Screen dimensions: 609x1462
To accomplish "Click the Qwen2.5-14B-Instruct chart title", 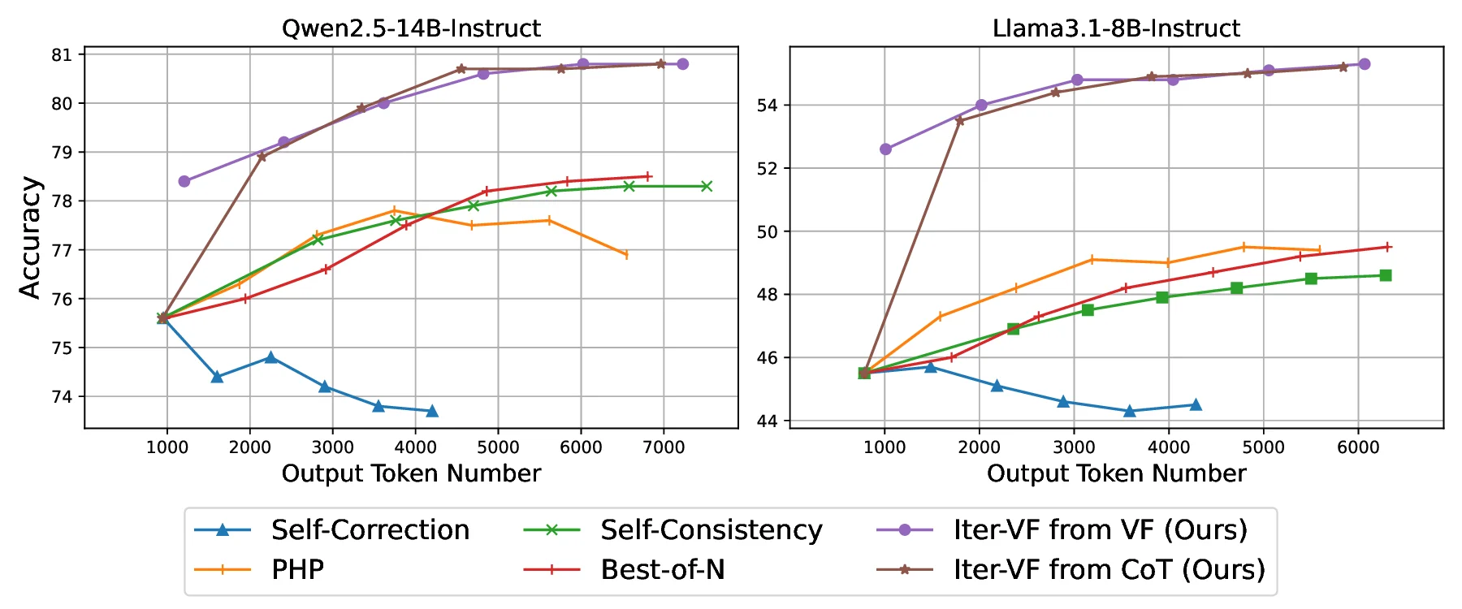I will click(411, 28).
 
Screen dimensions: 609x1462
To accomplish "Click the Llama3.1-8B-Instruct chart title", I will click(1116, 28).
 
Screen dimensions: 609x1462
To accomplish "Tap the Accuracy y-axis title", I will click(30, 238).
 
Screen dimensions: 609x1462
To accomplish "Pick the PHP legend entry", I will click(297, 570).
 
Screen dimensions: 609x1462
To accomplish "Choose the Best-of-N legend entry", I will click(662, 570).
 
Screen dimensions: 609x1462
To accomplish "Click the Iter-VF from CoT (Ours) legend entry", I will click(1109, 570).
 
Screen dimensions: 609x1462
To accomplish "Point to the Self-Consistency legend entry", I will click(711, 530).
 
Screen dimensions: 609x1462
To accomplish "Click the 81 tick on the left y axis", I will click(62, 55).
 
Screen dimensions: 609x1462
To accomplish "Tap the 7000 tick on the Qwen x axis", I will click(664, 447).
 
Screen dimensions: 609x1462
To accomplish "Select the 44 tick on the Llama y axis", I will click(768, 421).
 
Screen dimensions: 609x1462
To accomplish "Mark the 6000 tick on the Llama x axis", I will click(1358, 447).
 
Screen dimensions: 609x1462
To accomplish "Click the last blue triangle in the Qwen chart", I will click(432, 411).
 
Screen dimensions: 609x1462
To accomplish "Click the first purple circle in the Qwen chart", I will click(184, 181).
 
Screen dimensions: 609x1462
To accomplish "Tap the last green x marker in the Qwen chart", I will click(707, 186).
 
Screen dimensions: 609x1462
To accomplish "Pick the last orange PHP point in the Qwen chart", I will click(625, 255).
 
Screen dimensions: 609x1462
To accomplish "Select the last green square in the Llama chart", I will click(1386, 275).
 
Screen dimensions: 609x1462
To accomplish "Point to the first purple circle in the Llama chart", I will click(885, 149).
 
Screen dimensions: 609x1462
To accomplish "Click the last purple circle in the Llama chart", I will click(1365, 64).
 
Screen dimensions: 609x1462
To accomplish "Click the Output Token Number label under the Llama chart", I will click(1116, 473).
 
